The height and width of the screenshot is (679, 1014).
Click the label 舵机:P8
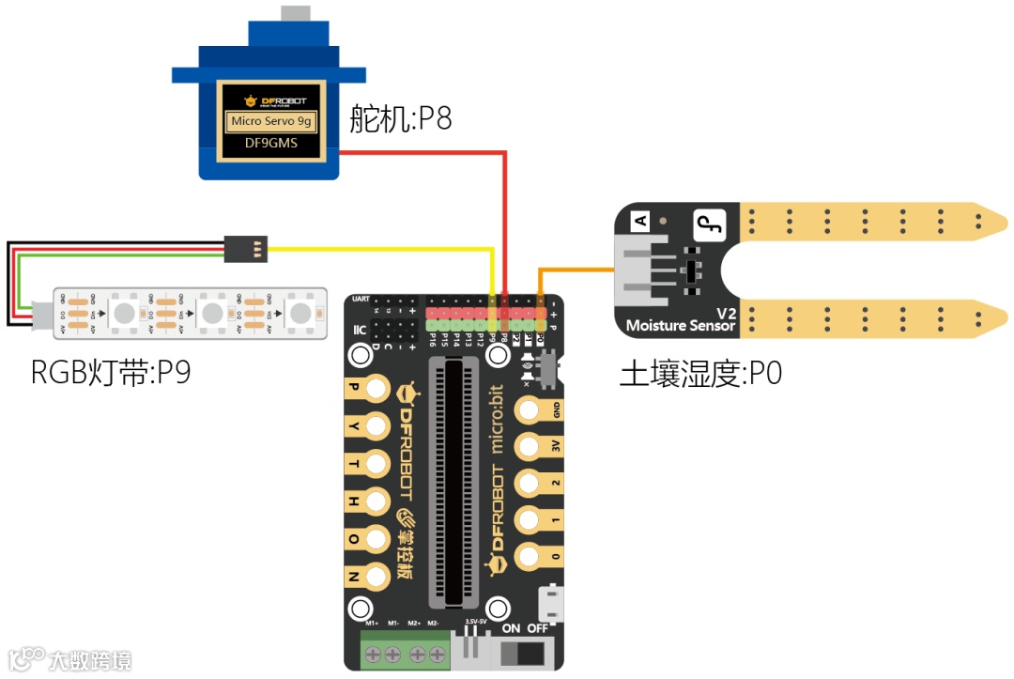(x=401, y=119)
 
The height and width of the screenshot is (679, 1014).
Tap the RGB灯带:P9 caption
(x=111, y=373)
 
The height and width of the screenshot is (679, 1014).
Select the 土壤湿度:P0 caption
(x=700, y=374)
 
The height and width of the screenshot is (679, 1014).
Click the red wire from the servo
(x=505, y=216)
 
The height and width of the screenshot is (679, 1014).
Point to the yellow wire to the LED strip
(x=376, y=249)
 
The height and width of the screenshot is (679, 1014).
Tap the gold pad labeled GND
(x=532, y=410)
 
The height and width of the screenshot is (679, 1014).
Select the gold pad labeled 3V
(x=532, y=447)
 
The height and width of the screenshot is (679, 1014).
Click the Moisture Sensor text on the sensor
(x=681, y=325)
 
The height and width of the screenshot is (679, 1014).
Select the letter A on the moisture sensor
(x=642, y=222)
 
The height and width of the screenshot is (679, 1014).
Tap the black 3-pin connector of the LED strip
(x=247, y=247)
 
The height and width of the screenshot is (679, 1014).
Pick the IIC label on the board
(x=359, y=330)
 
